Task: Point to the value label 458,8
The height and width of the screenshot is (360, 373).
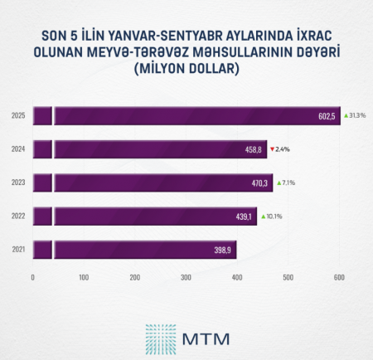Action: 253,149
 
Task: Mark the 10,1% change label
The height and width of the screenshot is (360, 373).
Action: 274,216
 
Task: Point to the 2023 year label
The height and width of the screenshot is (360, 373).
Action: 17,182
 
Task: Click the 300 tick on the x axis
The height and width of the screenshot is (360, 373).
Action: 186,277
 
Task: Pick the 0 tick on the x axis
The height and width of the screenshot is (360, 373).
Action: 32,277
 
